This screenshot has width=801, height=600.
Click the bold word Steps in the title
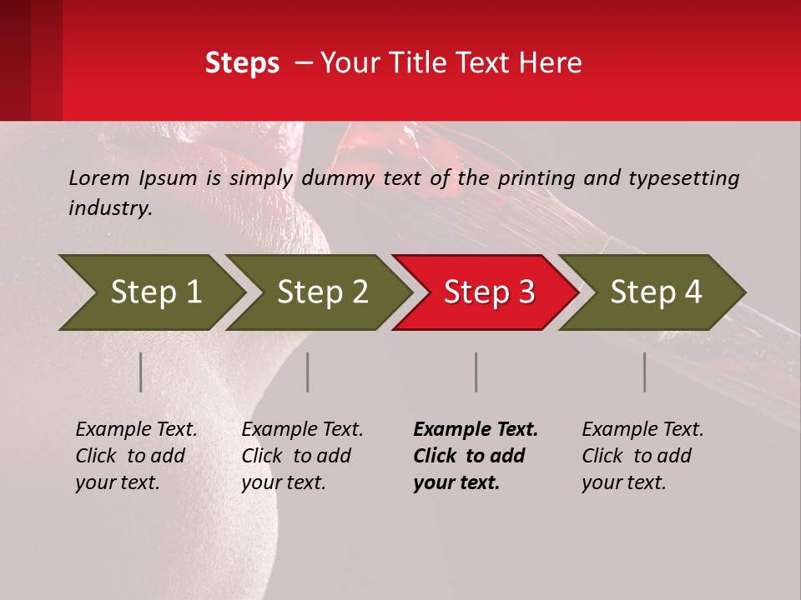tap(242, 63)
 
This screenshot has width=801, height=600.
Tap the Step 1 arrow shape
tap(150, 292)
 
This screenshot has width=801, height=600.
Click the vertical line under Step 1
tap(141, 372)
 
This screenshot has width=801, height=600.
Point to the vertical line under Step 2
tap(308, 372)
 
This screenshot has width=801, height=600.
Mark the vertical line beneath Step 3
tap(476, 372)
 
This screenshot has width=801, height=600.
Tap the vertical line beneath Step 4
tap(645, 372)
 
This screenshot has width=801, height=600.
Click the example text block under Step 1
tap(136, 456)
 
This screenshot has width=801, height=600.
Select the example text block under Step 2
tap(302, 456)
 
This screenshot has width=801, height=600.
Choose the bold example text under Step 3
tap(475, 456)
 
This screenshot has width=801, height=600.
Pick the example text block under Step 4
tap(642, 456)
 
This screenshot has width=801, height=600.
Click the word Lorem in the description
tap(98, 178)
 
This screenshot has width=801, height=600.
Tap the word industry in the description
tap(110, 208)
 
